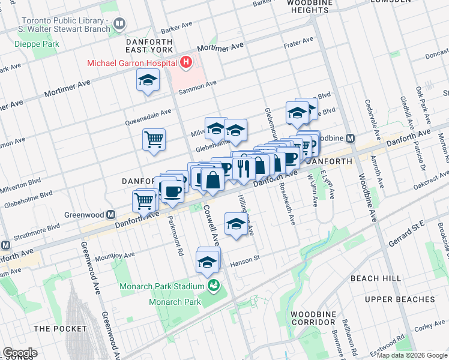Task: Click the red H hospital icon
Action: click(x=187, y=62)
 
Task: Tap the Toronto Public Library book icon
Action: click(x=119, y=24)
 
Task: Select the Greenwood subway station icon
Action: click(x=110, y=214)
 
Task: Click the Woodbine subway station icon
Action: click(x=351, y=137)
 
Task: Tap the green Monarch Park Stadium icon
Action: click(x=212, y=286)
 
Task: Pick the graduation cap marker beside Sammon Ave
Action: click(x=147, y=80)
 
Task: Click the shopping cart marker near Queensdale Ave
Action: click(x=154, y=140)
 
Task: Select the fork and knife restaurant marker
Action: click(x=243, y=169)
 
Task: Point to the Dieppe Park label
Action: click(x=38, y=44)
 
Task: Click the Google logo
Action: click(x=20, y=353)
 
